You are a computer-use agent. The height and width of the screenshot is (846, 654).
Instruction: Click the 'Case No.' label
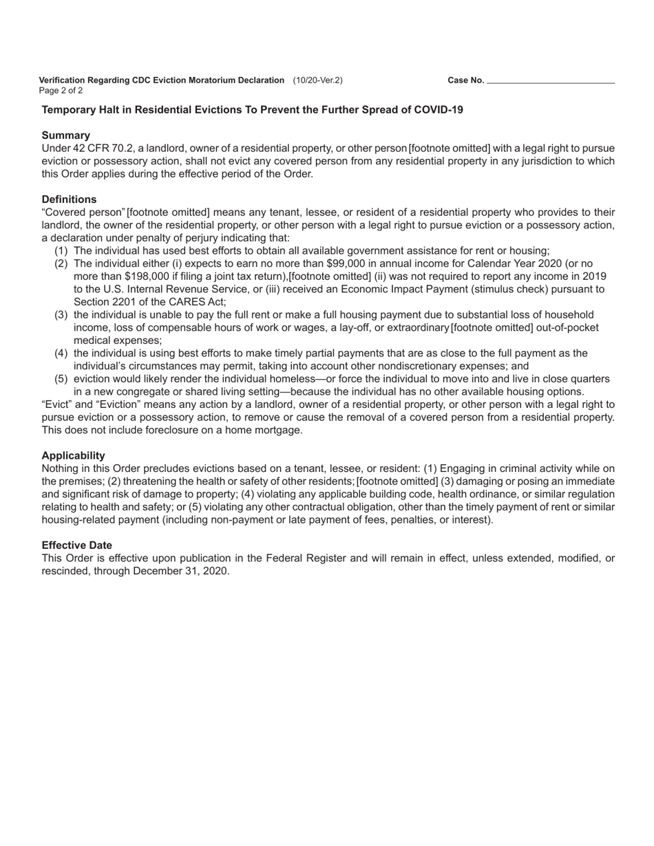click(x=465, y=80)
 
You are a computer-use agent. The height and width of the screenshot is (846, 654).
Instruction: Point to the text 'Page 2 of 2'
click(x=61, y=90)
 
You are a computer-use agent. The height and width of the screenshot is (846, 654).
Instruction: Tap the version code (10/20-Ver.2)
click(x=317, y=80)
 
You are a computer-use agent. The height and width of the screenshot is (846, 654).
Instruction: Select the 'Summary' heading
click(x=65, y=135)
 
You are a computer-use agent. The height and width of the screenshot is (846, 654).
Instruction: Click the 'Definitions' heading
click(x=69, y=199)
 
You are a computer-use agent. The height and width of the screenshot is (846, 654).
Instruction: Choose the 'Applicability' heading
click(x=73, y=455)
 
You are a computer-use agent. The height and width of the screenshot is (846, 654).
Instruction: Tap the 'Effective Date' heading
click(x=76, y=545)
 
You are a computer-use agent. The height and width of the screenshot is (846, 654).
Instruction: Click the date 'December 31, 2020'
click(x=181, y=571)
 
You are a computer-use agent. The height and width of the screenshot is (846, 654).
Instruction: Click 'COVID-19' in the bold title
click(x=439, y=110)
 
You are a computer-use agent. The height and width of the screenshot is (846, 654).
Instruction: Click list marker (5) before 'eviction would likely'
click(x=61, y=379)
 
